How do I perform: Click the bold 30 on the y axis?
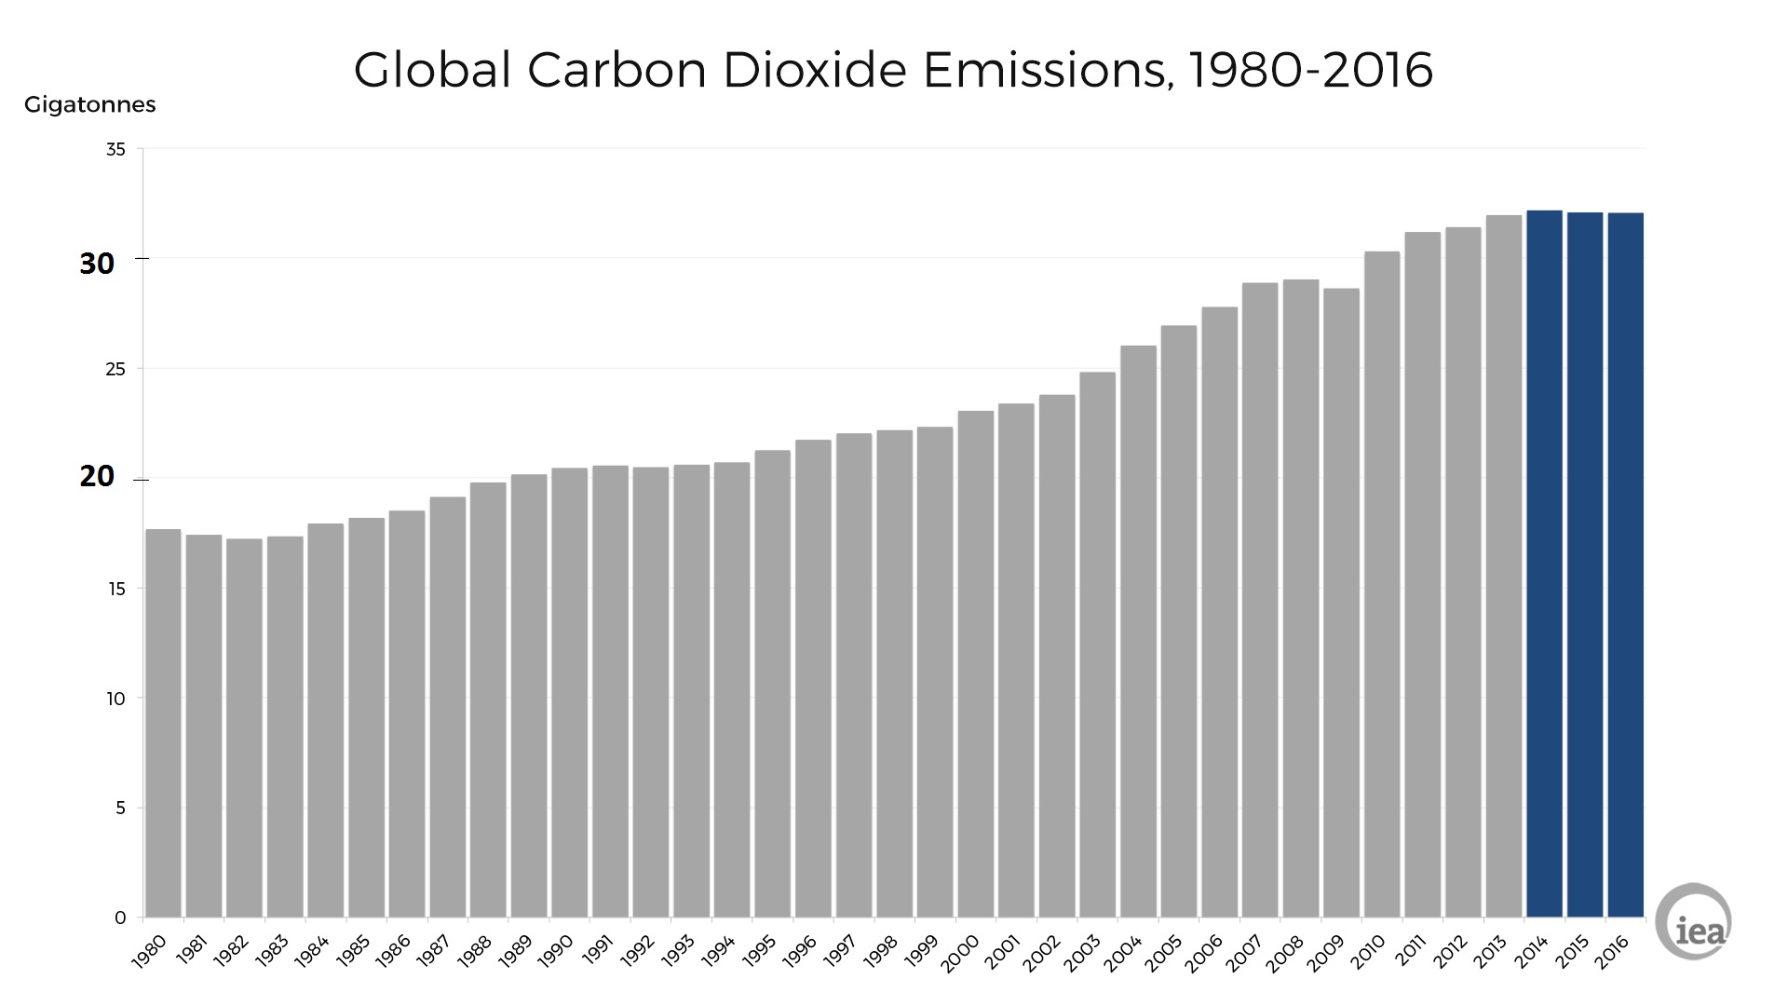click(97, 264)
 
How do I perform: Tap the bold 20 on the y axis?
click(97, 476)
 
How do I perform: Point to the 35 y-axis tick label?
click(115, 149)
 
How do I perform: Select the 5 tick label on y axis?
click(120, 808)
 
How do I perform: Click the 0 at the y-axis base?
click(120, 918)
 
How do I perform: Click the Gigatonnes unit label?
click(89, 104)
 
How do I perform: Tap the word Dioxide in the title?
click(814, 70)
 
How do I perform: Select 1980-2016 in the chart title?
click(1311, 70)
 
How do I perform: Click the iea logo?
click(1695, 921)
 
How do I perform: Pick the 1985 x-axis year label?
click(354, 951)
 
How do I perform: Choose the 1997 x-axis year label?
click(841, 951)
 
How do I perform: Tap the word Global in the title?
click(432, 70)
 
